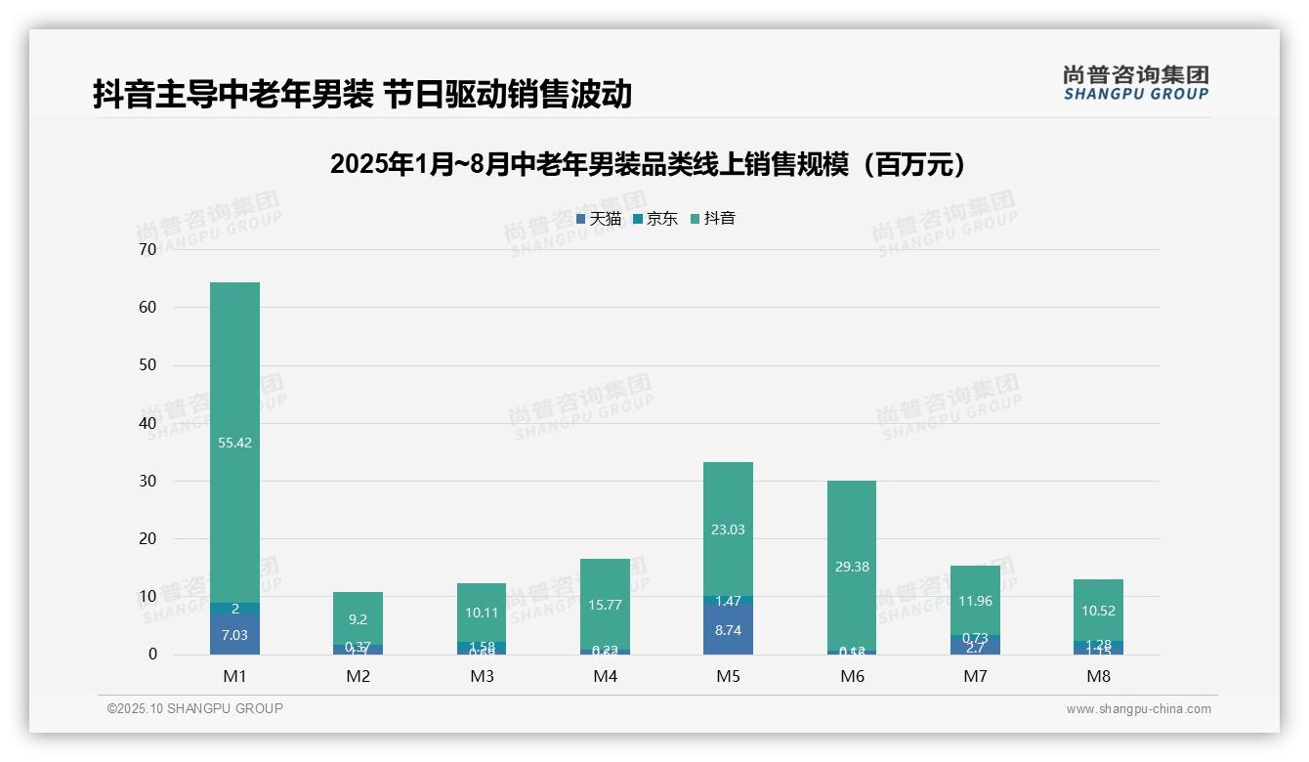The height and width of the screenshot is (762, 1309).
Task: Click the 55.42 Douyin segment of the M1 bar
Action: click(234, 442)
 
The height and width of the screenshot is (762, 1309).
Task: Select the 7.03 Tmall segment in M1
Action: click(234, 634)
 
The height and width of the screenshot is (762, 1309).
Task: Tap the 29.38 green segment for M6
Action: click(851, 566)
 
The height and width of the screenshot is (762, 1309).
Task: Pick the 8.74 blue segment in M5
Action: click(728, 630)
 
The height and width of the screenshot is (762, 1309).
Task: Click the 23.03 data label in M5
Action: click(728, 529)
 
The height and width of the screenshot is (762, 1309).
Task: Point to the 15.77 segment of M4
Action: click(605, 604)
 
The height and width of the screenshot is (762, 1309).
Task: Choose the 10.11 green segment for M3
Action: click(482, 613)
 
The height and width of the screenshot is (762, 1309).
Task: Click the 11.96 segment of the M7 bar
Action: click(975, 600)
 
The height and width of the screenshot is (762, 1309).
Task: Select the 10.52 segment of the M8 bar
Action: click(1098, 610)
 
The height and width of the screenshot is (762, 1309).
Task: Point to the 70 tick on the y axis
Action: click(148, 249)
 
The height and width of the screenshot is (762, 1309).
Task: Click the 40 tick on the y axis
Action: click(148, 423)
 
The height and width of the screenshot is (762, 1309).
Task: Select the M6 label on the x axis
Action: click(851, 676)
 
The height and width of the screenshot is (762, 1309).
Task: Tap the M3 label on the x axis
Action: click(482, 676)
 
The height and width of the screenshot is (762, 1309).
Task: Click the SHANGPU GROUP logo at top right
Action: click(1135, 83)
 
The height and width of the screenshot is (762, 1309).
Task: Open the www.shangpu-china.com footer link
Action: click(1138, 709)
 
